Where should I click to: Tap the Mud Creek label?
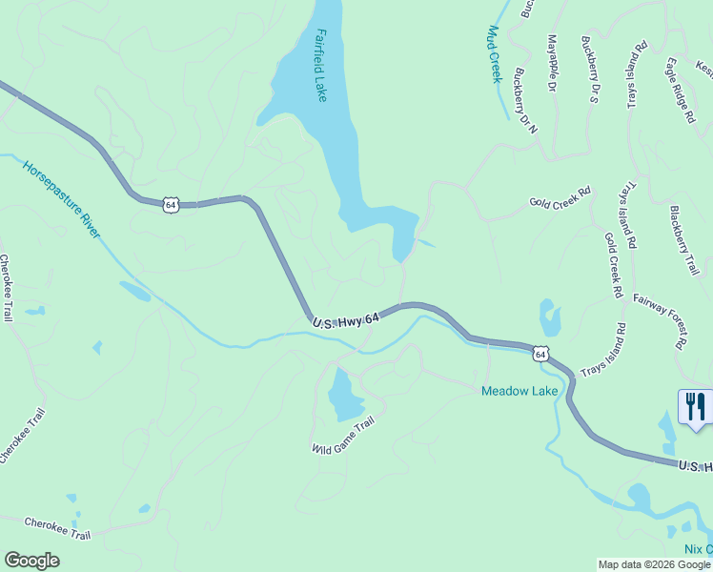(494, 54)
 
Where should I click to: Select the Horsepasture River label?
(62, 198)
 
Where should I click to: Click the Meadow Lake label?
(519, 391)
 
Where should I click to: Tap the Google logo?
(31, 561)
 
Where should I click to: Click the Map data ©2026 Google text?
(654, 564)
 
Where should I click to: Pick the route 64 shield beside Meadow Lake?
(540, 354)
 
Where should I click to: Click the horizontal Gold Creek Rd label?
(560, 203)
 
